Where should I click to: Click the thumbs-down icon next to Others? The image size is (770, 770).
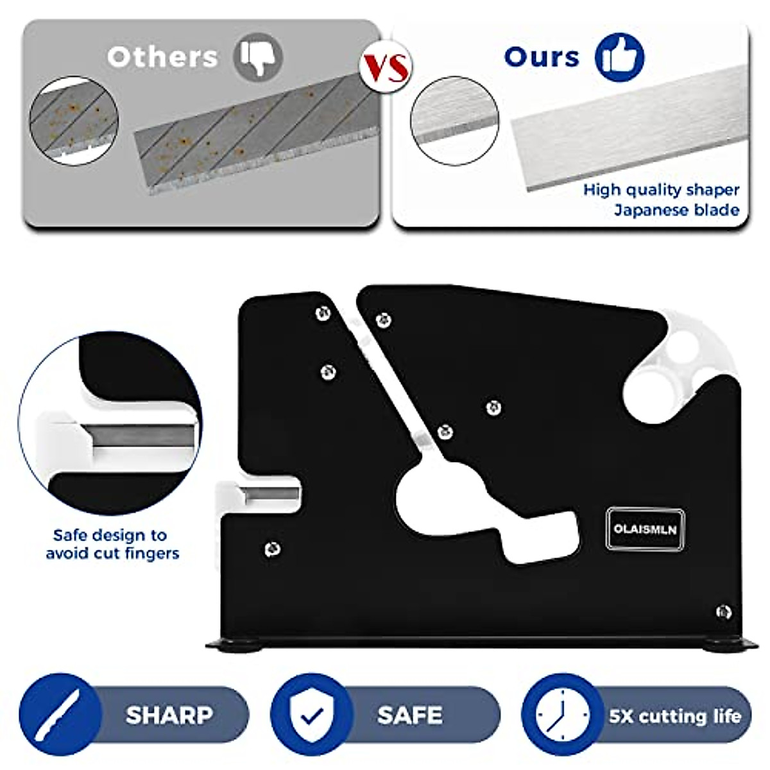(258, 57)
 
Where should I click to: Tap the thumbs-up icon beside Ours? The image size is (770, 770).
(619, 57)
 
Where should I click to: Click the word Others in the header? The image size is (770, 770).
(162, 57)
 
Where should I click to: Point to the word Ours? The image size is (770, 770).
(542, 57)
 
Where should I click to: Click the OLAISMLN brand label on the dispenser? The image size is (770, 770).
(645, 529)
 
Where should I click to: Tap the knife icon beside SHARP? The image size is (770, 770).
(60, 715)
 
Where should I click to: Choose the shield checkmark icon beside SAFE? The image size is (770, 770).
(312, 715)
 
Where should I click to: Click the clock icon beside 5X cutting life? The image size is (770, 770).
(562, 715)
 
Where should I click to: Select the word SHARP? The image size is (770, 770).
(169, 715)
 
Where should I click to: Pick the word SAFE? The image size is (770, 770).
(409, 715)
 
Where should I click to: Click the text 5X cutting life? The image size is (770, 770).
(675, 715)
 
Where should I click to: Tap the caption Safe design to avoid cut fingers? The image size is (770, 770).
(112, 544)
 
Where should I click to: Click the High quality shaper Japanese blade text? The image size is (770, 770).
(661, 200)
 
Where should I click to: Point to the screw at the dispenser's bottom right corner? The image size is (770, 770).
(723, 612)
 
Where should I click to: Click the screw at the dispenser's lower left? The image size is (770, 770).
(272, 549)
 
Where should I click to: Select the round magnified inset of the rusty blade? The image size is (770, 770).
(74, 121)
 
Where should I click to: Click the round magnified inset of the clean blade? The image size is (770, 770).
(454, 121)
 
